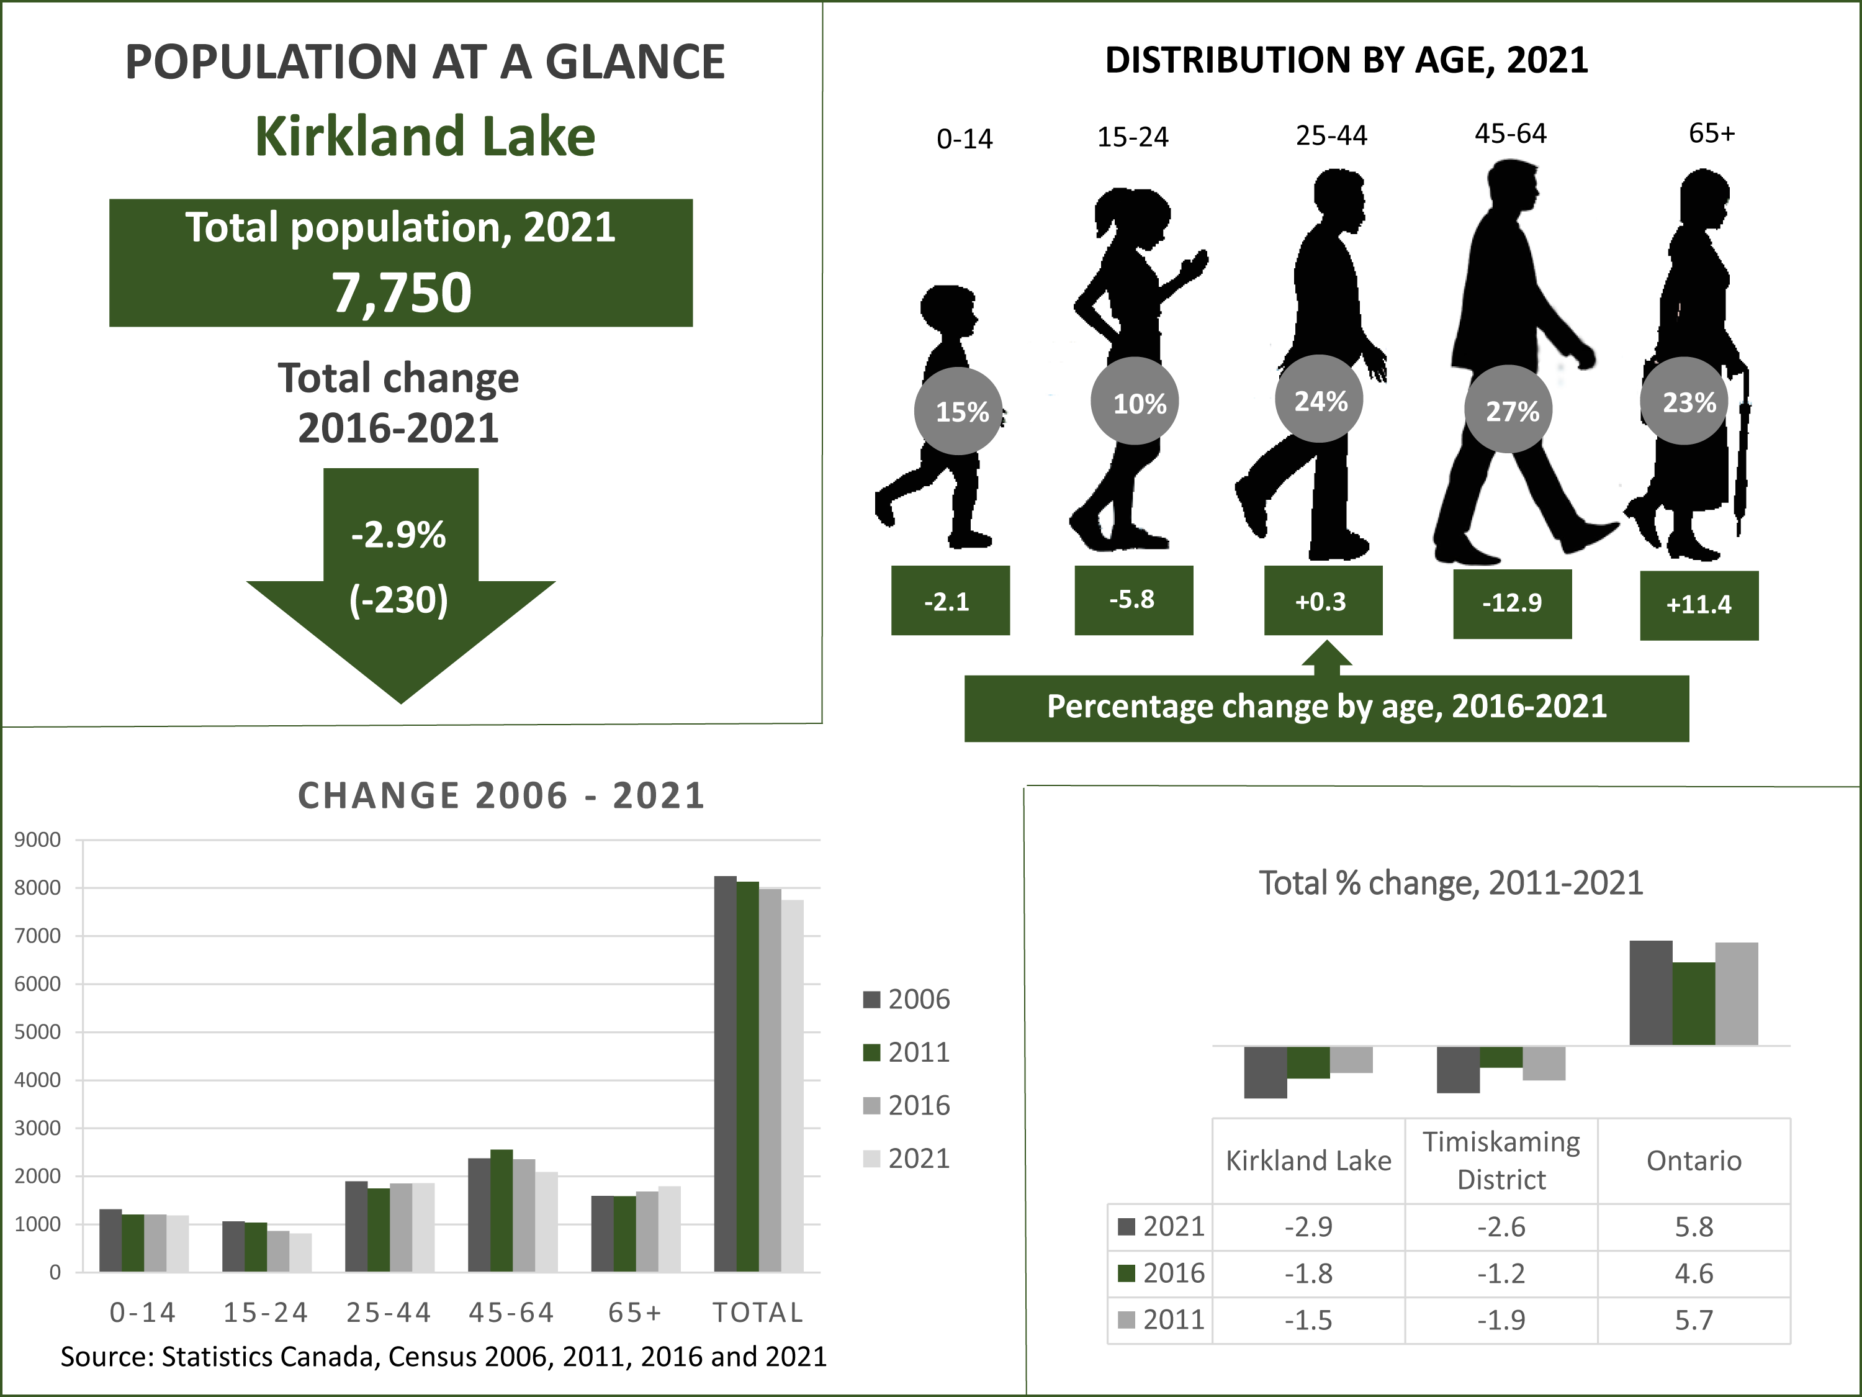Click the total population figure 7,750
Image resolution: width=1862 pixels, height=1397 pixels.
tap(401, 292)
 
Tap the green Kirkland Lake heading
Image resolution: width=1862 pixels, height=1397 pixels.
tap(425, 137)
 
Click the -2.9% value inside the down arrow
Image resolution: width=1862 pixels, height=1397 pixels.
tap(398, 535)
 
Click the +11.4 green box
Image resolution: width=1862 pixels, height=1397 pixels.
tap(1699, 605)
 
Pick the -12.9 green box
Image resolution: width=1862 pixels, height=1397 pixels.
tap(1512, 603)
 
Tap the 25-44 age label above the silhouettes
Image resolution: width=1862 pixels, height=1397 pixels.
tap(1331, 135)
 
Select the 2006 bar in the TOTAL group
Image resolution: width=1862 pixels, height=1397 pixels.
tap(725, 1074)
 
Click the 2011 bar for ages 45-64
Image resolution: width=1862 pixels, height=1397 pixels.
tap(501, 1210)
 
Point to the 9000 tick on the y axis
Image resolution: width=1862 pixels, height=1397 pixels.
tap(38, 839)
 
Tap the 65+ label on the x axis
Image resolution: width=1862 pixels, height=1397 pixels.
tap(636, 1312)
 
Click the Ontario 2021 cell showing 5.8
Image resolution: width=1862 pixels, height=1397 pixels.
tap(1694, 1227)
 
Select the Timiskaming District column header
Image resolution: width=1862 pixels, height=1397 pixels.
tap(1501, 1160)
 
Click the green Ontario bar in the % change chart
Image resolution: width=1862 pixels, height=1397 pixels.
tap(1694, 1004)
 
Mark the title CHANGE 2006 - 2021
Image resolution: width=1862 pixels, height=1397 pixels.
tap(501, 796)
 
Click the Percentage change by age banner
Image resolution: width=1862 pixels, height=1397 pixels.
tap(1326, 707)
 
